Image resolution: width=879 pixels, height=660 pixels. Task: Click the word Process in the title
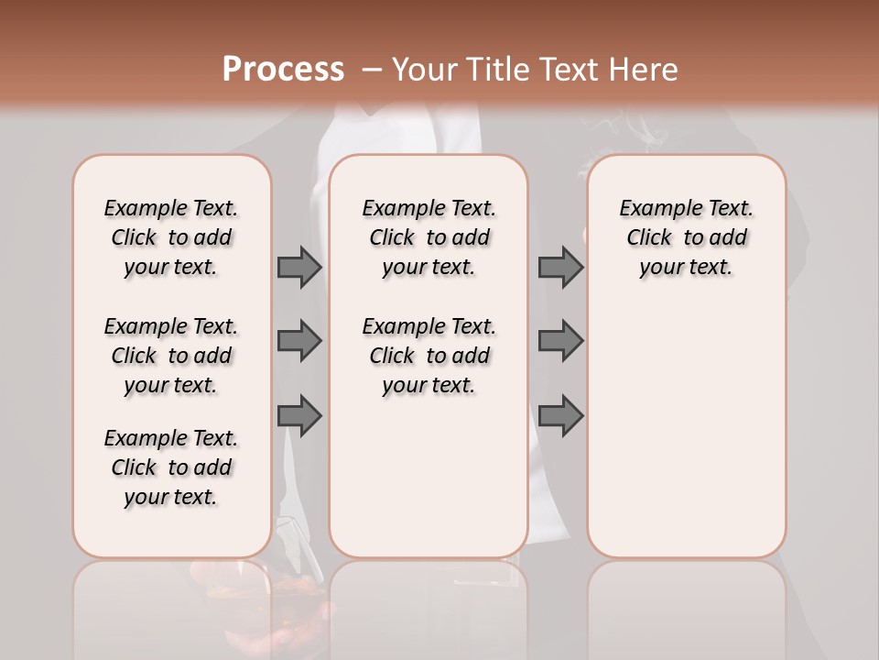pyautogui.click(x=283, y=69)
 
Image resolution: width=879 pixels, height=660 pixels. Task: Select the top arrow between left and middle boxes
pyautogui.click(x=299, y=267)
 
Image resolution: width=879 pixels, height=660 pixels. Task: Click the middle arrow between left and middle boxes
pyautogui.click(x=299, y=341)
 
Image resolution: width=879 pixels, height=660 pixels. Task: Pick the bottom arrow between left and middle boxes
pyautogui.click(x=299, y=416)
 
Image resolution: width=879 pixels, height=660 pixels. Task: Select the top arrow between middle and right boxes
pyautogui.click(x=560, y=267)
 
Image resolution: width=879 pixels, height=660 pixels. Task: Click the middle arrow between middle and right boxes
pyautogui.click(x=560, y=341)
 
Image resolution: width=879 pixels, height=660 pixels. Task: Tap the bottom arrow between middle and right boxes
pyautogui.click(x=560, y=416)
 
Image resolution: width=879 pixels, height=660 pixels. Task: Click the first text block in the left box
pyautogui.click(x=171, y=237)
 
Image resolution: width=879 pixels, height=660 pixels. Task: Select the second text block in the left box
pyautogui.click(x=171, y=356)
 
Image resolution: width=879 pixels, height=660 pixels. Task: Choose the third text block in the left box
pyautogui.click(x=171, y=467)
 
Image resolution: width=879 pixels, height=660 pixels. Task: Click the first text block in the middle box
pyautogui.click(x=429, y=237)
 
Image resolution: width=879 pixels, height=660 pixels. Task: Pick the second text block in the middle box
pyautogui.click(x=429, y=356)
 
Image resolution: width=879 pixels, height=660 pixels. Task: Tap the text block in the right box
pyautogui.click(x=686, y=237)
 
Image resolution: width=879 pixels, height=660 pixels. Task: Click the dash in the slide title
pyautogui.click(x=372, y=70)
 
